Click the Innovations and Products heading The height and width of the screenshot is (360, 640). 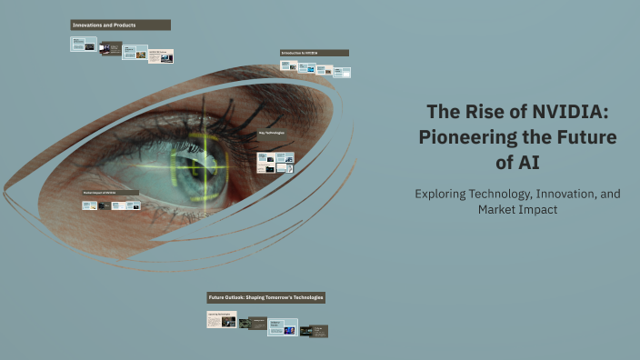click(105, 25)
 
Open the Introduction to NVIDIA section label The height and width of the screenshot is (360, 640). click(300, 53)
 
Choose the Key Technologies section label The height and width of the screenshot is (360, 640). click(271, 134)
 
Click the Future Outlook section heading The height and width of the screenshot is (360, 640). click(265, 297)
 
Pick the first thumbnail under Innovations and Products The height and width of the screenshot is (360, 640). click(84, 44)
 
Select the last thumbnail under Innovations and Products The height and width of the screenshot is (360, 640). click(161, 55)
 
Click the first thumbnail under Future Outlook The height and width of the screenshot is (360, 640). click(222, 320)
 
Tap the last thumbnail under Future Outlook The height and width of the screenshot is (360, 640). click(314, 331)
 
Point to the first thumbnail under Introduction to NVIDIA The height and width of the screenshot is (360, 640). click(289, 65)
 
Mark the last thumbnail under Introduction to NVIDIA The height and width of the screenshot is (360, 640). click(340, 70)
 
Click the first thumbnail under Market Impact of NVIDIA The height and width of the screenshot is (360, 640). click(89, 205)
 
